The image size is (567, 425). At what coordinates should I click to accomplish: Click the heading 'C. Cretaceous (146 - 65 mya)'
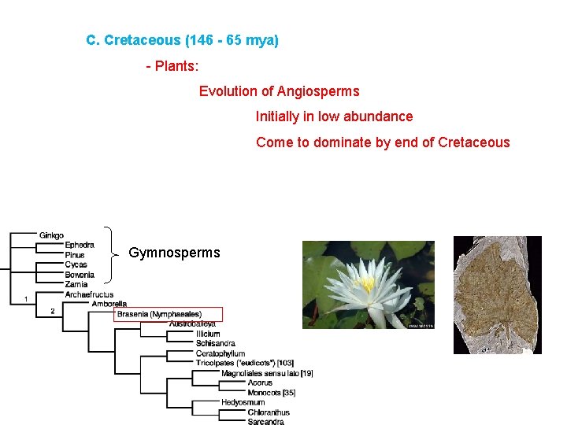click(x=182, y=40)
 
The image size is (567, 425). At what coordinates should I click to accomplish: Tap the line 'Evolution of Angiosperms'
click(x=279, y=92)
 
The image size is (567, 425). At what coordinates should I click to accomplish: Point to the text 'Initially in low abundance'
click(x=334, y=117)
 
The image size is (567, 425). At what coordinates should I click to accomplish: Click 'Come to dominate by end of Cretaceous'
click(x=383, y=143)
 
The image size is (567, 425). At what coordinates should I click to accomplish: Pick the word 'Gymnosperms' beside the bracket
click(x=174, y=253)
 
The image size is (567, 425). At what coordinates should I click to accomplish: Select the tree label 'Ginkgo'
click(x=51, y=235)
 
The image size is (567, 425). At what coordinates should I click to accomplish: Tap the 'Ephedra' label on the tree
click(x=79, y=245)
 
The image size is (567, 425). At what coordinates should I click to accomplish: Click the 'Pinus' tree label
click(x=75, y=255)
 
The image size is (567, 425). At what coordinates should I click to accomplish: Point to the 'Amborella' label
click(x=109, y=304)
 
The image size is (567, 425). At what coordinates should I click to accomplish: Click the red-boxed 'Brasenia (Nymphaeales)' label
click(x=159, y=315)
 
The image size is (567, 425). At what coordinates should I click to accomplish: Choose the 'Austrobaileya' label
click(x=191, y=324)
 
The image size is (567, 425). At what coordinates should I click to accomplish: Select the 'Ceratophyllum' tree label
click(x=220, y=354)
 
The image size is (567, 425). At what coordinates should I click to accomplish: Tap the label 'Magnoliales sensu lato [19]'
click(x=267, y=373)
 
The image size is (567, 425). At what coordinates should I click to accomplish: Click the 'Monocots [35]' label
click(x=271, y=393)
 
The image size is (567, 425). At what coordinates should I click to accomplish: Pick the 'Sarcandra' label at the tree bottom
click(x=265, y=422)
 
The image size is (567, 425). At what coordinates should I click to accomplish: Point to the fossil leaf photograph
click(x=497, y=294)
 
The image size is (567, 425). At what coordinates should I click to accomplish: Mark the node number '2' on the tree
click(x=52, y=311)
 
